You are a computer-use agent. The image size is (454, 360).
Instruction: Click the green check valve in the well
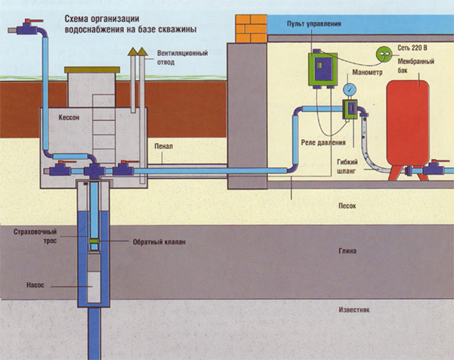95,242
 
